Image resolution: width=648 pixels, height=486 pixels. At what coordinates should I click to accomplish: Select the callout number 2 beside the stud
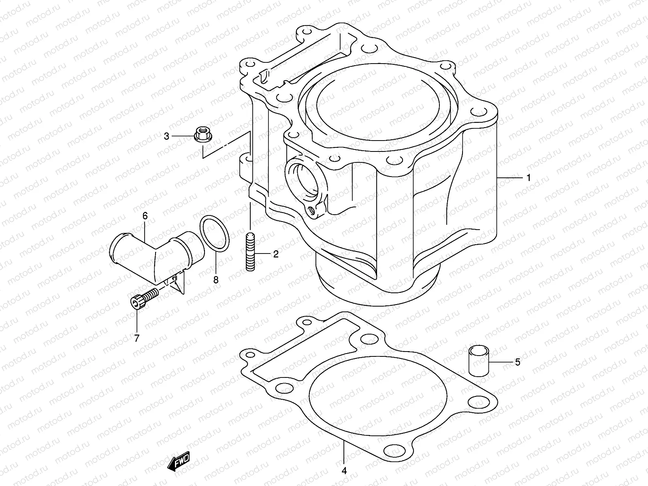(x=276, y=254)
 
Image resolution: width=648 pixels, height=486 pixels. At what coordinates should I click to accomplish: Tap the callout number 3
(x=166, y=136)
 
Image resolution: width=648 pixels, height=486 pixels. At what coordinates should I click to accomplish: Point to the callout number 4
(x=344, y=471)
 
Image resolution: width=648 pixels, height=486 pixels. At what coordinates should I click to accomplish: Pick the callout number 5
(x=517, y=362)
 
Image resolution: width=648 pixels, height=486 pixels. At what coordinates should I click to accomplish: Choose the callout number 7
(x=136, y=338)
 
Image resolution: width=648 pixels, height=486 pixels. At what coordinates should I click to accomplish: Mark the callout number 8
(x=216, y=279)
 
